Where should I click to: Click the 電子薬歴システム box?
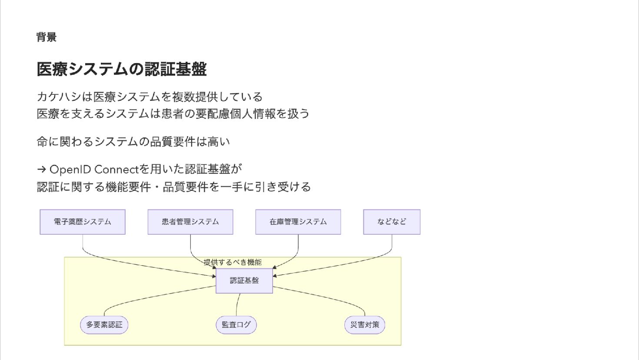click(x=83, y=222)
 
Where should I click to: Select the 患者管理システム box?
click(x=190, y=222)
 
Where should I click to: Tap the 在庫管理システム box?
click(x=298, y=222)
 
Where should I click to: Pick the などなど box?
click(x=392, y=222)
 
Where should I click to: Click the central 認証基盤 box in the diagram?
click(x=244, y=280)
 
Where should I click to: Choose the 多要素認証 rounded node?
click(x=104, y=325)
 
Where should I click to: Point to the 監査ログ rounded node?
click(x=236, y=325)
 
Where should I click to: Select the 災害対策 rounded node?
click(x=365, y=325)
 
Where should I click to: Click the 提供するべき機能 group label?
click(x=233, y=262)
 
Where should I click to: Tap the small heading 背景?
click(x=47, y=37)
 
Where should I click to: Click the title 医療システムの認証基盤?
click(x=122, y=69)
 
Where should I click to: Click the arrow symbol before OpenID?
click(x=42, y=170)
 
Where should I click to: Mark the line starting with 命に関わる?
click(x=133, y=142)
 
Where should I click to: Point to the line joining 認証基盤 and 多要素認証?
click(x=156, y=297)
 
